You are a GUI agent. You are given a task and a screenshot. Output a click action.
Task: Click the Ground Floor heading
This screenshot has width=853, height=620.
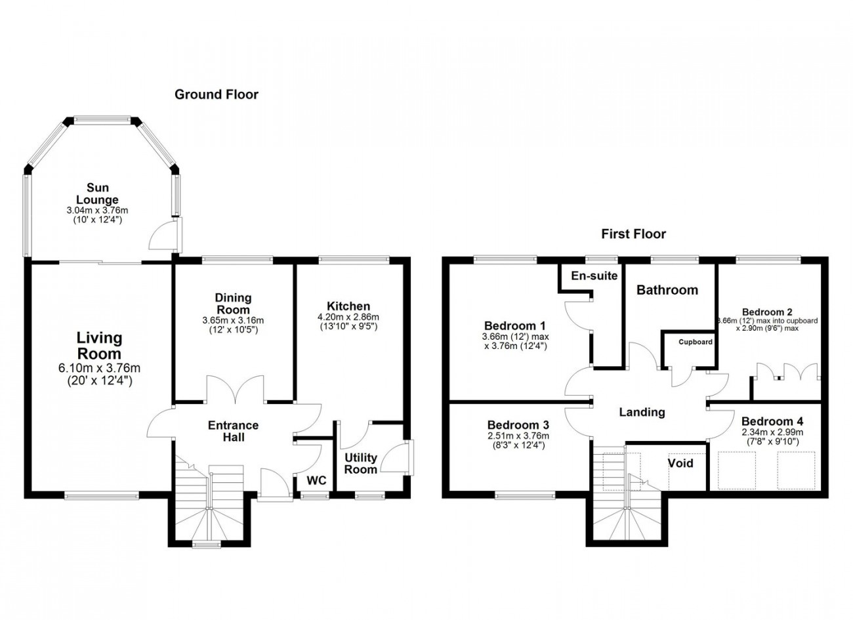coord(217,94)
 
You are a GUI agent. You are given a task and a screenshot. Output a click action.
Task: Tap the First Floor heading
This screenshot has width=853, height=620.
coord(634,234)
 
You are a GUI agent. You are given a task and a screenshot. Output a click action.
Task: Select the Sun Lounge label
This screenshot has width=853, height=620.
coord(98,194)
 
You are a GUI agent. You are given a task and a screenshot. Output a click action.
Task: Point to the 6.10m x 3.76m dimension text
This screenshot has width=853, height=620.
coord(99,368)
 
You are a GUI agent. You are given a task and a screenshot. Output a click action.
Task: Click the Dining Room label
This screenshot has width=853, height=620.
coord(233,303)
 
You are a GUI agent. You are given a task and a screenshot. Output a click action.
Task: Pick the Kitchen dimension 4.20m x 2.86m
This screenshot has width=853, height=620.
coord(348,317)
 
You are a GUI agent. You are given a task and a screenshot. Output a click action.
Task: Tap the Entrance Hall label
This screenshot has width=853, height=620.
coord(234,431)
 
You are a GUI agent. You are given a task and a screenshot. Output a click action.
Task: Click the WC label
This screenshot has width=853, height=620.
coord(316,481)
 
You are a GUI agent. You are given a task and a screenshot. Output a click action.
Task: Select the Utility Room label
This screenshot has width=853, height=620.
coord(361,463)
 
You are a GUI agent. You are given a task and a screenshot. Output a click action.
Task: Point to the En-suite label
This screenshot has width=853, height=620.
coord(594,276)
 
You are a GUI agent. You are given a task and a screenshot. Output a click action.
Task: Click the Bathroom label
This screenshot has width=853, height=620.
coord(667,290)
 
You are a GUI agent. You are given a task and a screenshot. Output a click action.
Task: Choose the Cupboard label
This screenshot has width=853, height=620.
coord(696,342)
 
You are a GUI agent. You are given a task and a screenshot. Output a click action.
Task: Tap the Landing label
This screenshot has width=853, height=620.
coord(642,412)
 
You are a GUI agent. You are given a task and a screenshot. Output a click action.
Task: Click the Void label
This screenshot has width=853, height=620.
coord(680,463)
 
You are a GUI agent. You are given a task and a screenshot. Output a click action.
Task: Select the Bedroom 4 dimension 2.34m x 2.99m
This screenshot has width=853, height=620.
coord(772,432)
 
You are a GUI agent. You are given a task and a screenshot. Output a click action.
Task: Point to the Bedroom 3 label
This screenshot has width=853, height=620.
coord(518,425)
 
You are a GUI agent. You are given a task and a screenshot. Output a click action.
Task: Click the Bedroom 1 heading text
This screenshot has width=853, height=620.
coord(515,326)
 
